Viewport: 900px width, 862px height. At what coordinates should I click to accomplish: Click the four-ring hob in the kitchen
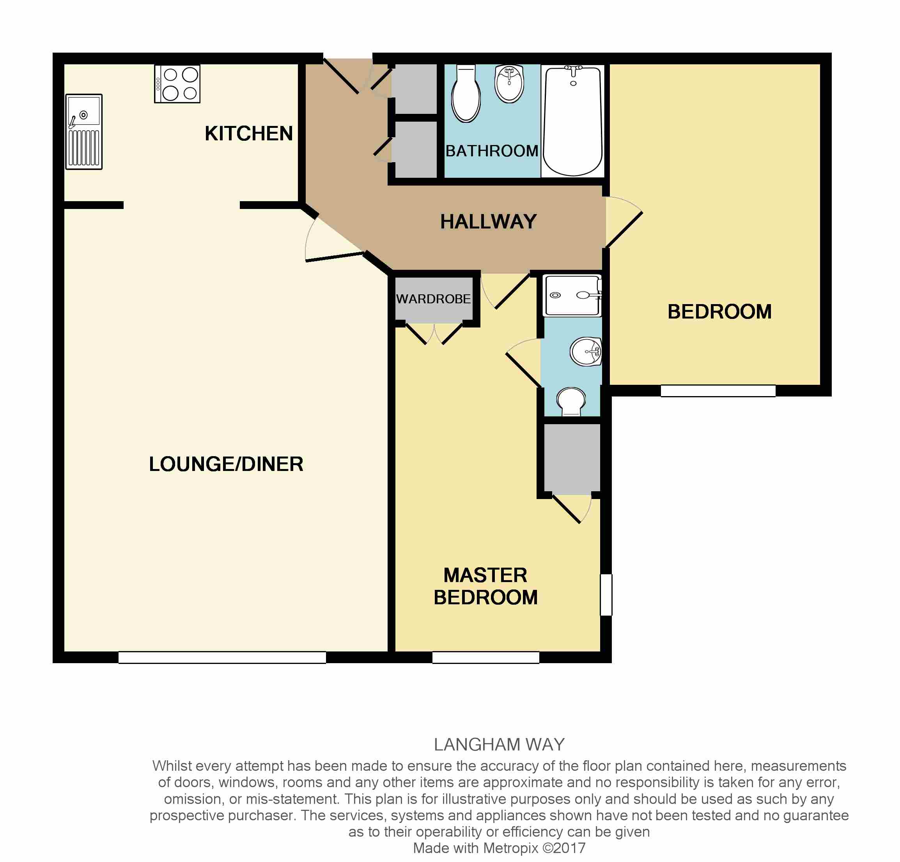177,84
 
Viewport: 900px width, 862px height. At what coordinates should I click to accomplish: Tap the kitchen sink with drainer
83,132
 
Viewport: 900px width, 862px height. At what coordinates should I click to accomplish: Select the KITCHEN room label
248,134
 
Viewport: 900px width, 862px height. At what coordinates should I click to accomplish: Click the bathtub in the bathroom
572,121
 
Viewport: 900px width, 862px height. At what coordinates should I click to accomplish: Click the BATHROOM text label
492,151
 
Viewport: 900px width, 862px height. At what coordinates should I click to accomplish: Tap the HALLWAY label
489,222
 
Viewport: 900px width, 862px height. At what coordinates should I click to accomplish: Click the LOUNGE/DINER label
226,464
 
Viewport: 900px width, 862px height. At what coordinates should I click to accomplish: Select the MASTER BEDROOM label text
485,586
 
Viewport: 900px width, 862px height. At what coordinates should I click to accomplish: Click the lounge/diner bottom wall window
222,657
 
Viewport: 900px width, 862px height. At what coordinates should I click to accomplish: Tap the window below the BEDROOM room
718,391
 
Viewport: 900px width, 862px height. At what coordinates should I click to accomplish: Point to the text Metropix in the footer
510,848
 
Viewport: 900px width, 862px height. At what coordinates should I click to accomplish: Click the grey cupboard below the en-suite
572,458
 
